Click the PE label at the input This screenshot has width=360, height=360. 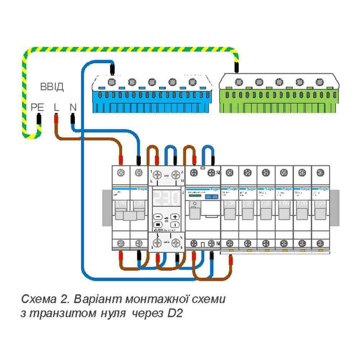tap(37, 107)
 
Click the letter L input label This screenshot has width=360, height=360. tap(56, 107)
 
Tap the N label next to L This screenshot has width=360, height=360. tap(73, 107)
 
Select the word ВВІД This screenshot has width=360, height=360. tap(51, 87)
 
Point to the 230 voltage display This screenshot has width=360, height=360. tap(166, 198)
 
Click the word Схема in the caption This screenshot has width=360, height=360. tap(36, 299)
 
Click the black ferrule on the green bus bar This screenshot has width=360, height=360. tap(237, 67)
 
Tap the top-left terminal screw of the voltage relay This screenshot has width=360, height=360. tap(157, 175)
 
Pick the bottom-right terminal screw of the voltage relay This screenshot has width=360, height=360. tap(175, 242)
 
